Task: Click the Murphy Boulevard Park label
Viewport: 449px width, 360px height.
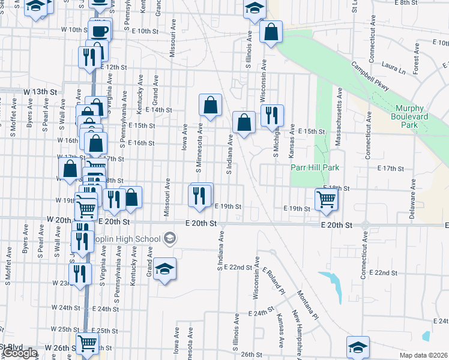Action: (415, 116)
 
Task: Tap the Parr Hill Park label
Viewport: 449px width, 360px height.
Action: (315, 168)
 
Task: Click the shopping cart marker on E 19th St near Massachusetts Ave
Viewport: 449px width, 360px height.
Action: (326, 198)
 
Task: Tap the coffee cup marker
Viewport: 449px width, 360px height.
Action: (100, 30)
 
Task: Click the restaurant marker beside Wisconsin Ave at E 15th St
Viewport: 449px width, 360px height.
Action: (272, 115)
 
